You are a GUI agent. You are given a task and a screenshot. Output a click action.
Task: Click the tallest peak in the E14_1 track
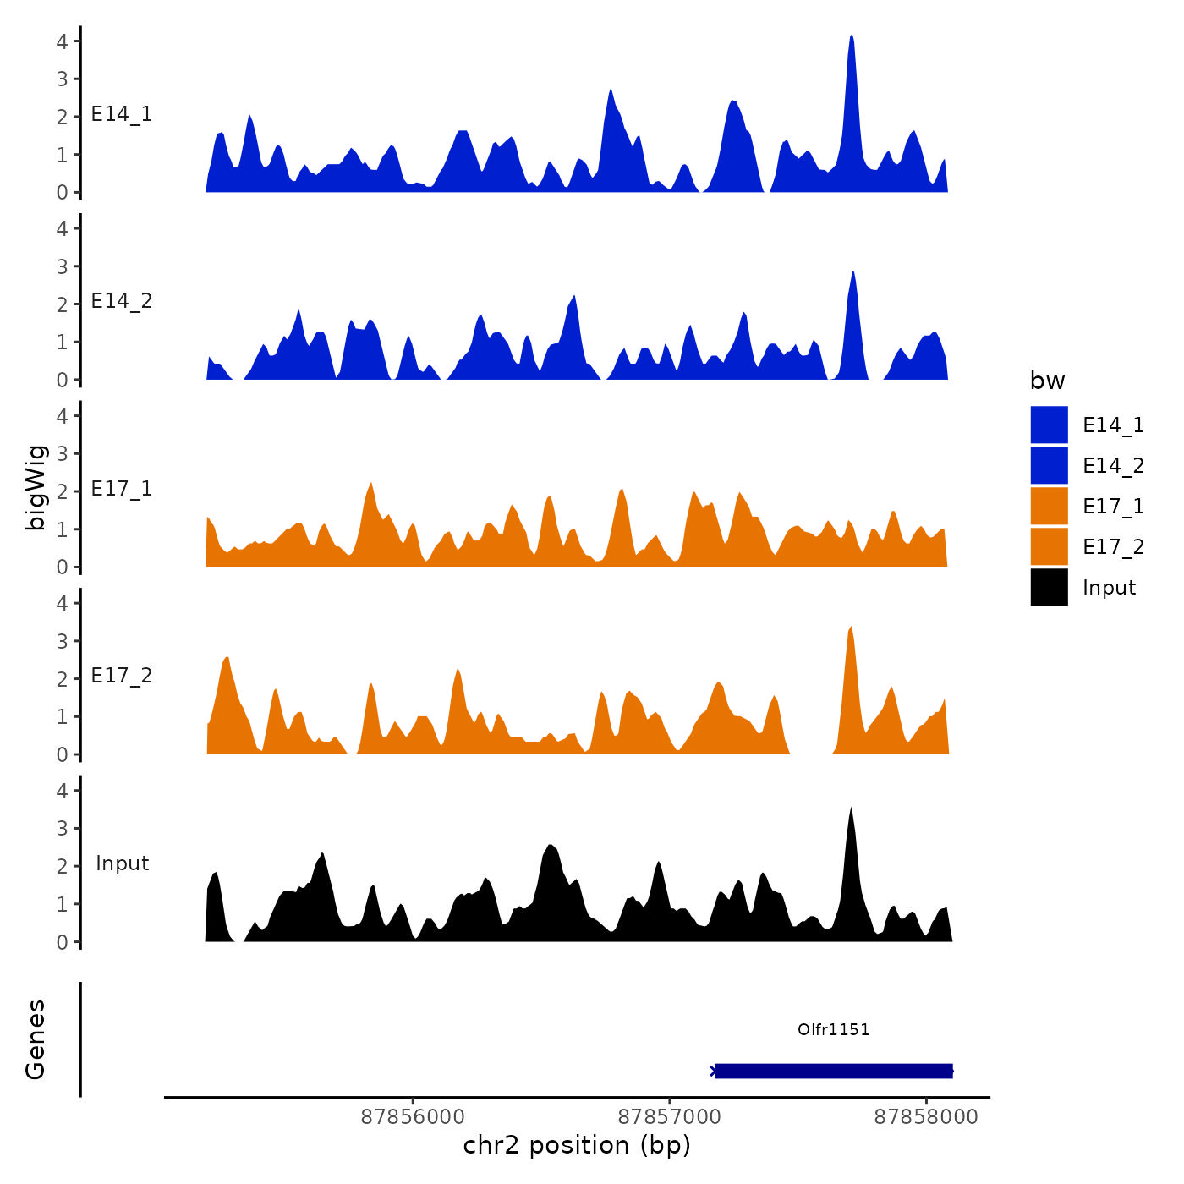[852, 39]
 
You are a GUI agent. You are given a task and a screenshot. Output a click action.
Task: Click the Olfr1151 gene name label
[833, 1029]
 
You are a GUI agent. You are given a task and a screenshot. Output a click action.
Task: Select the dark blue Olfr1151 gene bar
[834, 1071]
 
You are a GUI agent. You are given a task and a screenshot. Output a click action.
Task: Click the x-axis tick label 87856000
[413, 1116]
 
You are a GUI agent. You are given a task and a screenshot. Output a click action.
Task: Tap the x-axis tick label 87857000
[670, 1116]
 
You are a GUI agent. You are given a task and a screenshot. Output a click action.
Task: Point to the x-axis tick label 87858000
[926, 1116]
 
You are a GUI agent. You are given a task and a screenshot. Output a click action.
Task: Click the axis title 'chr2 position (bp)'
[577, 1145]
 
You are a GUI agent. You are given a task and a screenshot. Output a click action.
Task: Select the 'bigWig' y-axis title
[36, 487]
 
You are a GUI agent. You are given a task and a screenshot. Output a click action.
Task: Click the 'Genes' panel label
[36, 1039]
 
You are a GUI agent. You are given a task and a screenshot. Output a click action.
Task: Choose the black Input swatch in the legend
[1049, 587]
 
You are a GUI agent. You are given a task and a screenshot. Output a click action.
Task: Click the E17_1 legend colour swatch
[1049, 506]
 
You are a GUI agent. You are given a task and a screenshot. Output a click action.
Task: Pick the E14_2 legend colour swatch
[1049, 465]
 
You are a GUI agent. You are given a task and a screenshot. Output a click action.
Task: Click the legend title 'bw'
[1047, 381]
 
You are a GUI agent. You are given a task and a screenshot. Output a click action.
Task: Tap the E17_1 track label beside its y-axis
[122, 489]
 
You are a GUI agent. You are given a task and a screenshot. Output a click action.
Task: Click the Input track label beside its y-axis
[122, 863]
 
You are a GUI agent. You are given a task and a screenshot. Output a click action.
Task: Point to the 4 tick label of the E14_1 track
[62, 41]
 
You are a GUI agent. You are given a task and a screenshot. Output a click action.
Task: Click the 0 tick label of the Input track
[62, 942]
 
